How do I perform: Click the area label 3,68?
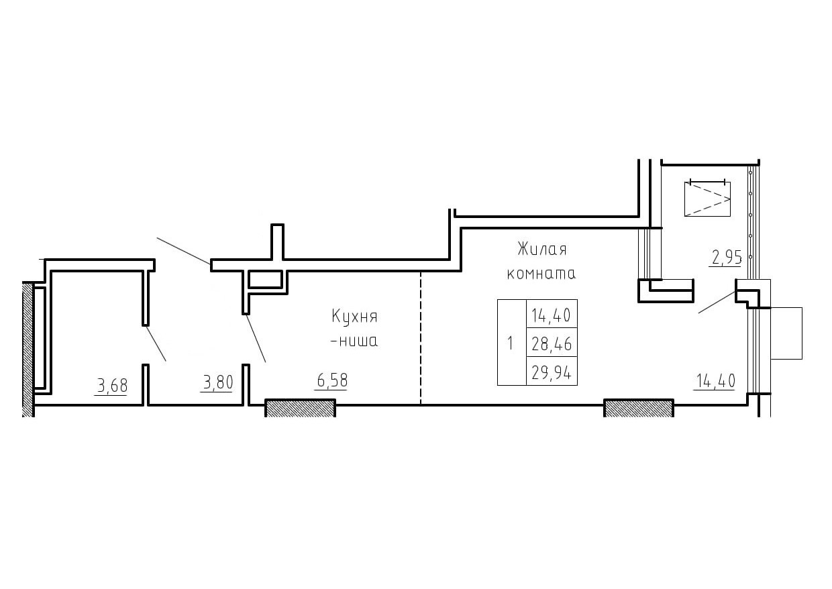point(112,386)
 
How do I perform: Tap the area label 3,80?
point(218,382)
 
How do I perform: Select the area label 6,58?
point(332,380)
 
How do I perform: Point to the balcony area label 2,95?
point(727,258)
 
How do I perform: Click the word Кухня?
point(354,317)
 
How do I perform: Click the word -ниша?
point(354,341)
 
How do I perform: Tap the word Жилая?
point(542,249)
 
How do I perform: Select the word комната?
point(541,274)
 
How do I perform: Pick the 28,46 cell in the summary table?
point(552,344)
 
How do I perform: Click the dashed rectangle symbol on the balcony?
point(707,199)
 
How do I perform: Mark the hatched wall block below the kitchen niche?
point(300,408)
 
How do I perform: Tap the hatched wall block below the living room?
point(639,408)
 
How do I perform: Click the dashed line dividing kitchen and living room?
point(421,338)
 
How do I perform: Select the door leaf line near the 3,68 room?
point(156,343)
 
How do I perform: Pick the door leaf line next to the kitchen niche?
point(256,338)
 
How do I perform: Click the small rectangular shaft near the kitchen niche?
point(265,280)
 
